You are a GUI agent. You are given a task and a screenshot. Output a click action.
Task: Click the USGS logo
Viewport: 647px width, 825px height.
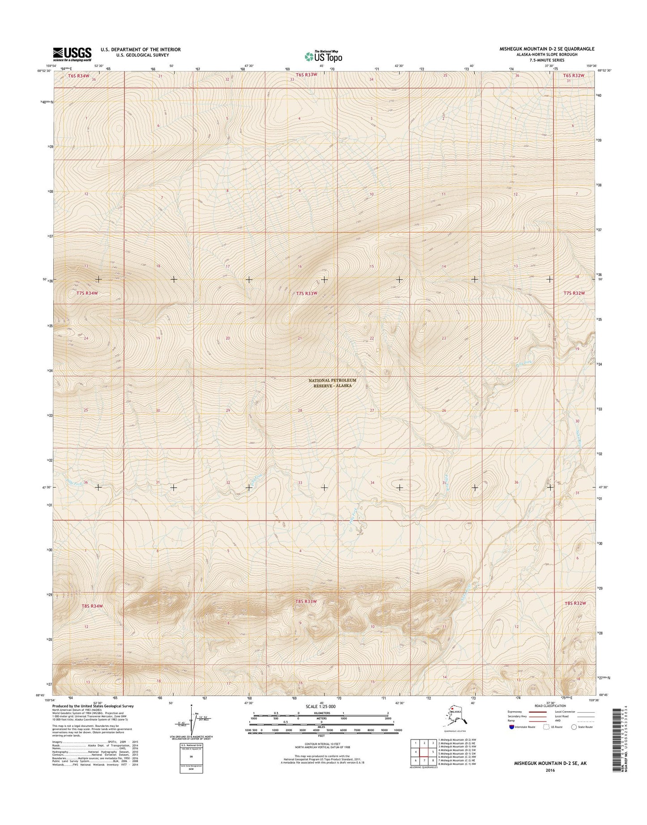72,54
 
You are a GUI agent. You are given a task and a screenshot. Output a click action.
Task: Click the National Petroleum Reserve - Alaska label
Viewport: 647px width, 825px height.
330,383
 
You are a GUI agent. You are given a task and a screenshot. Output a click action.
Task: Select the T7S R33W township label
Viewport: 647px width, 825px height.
306,293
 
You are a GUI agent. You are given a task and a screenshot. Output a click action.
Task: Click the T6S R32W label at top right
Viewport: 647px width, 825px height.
574,76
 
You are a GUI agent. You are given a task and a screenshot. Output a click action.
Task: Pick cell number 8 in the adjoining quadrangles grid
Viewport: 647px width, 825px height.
433,760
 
